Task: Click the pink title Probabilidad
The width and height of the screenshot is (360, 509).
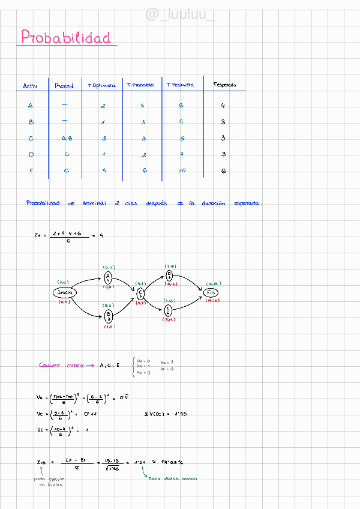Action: tap(66, 38)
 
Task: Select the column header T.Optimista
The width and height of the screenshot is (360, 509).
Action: tap(101, 86)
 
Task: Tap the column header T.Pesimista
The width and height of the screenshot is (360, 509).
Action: tap(180, 85)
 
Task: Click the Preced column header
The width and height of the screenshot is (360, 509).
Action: tap(64, 86)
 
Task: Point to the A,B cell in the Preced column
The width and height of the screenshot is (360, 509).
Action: tap(67, 139)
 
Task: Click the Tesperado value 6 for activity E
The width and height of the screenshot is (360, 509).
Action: tap(223, 170)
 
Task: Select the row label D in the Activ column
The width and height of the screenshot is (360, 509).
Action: tap(31, 155)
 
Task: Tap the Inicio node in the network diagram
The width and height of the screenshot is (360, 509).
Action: tap(65, 292)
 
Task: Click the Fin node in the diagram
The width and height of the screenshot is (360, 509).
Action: tap(211, 292)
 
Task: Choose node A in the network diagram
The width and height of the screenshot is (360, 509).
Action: tap(108, 276)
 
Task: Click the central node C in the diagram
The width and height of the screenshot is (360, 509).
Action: tap(140, 293)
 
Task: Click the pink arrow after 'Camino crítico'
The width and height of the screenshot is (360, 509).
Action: tap(89, 365)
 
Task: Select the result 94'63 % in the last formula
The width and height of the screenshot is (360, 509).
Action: tap(171, 462)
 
